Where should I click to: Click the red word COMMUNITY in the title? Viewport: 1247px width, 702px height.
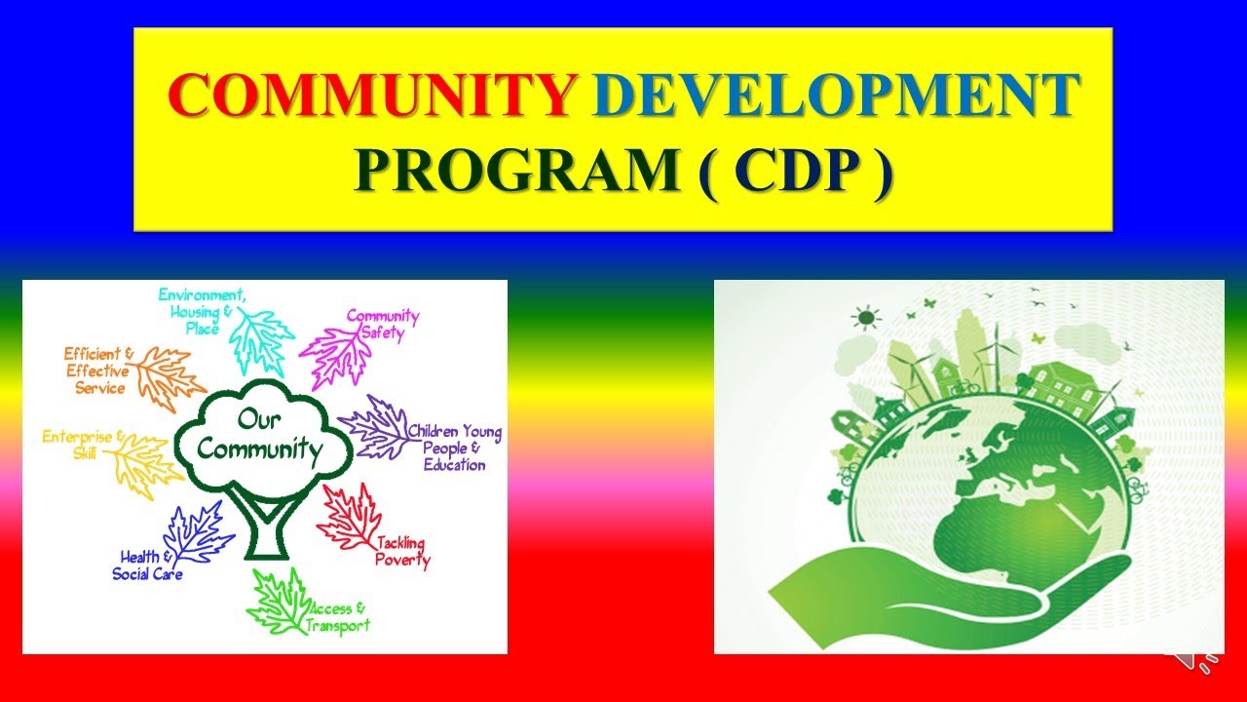click(371, 95)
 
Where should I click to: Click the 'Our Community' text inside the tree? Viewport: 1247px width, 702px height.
click(265, 436)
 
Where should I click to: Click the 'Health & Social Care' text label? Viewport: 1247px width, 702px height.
click(147, 565)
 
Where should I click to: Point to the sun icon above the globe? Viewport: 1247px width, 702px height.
click(863, 317)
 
